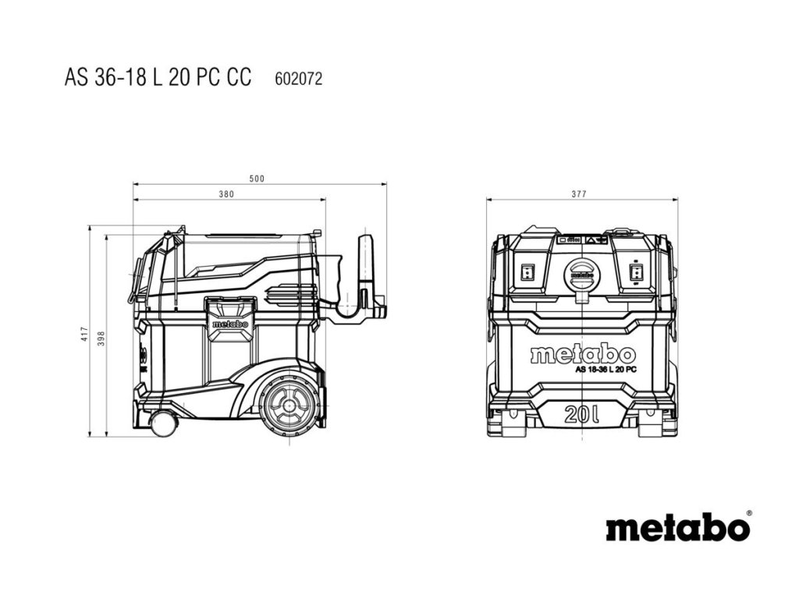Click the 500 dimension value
pos(257,179)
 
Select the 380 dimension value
pos(226,194)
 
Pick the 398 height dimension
pos(101,338)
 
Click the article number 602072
pos(299,79)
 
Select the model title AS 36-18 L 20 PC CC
pos(158,78)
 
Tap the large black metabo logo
pos(676,528)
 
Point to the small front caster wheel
pos(163,424)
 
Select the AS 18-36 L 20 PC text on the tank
pos(605,369)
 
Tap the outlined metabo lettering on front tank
pos(582,354)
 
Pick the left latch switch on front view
pos(527,272)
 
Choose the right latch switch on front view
pos(636,272)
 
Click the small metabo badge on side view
pos(229,324)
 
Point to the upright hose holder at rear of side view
pos(365,265)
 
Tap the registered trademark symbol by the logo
pos(749,513)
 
